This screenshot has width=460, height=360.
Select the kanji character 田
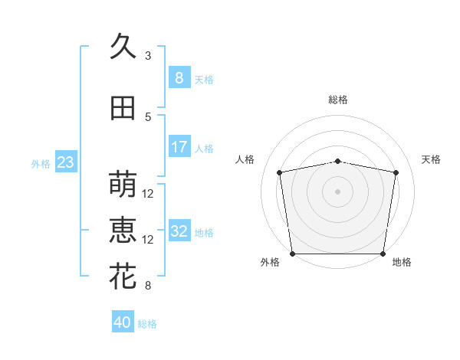pos(123,109)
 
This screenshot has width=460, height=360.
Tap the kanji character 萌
pos(123,185)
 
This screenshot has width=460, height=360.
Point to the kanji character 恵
pos(123,231)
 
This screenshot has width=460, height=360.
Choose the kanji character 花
pos(123,277)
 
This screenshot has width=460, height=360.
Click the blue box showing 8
pos(179,77)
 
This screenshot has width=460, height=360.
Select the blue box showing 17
pos(179,146)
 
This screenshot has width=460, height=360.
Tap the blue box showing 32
pos(179,231)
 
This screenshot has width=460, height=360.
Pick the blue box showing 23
pos(65,162)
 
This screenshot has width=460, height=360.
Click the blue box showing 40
pos(123,322)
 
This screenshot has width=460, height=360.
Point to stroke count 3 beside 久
pos(148,56)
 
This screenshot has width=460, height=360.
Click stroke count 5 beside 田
pos(148,117)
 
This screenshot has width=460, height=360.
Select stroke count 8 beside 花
pos(148,286)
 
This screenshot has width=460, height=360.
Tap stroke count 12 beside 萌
pos(148,194)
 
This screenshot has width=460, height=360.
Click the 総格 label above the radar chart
pos(338,100)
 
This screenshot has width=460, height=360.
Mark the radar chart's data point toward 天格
pos(396,172)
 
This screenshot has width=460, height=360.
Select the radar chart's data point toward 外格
pos(292,254)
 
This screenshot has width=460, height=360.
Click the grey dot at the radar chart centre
pos(338,191)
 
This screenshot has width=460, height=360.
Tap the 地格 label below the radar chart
pos(402,263)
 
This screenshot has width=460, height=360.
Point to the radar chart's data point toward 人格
pos(281,172)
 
